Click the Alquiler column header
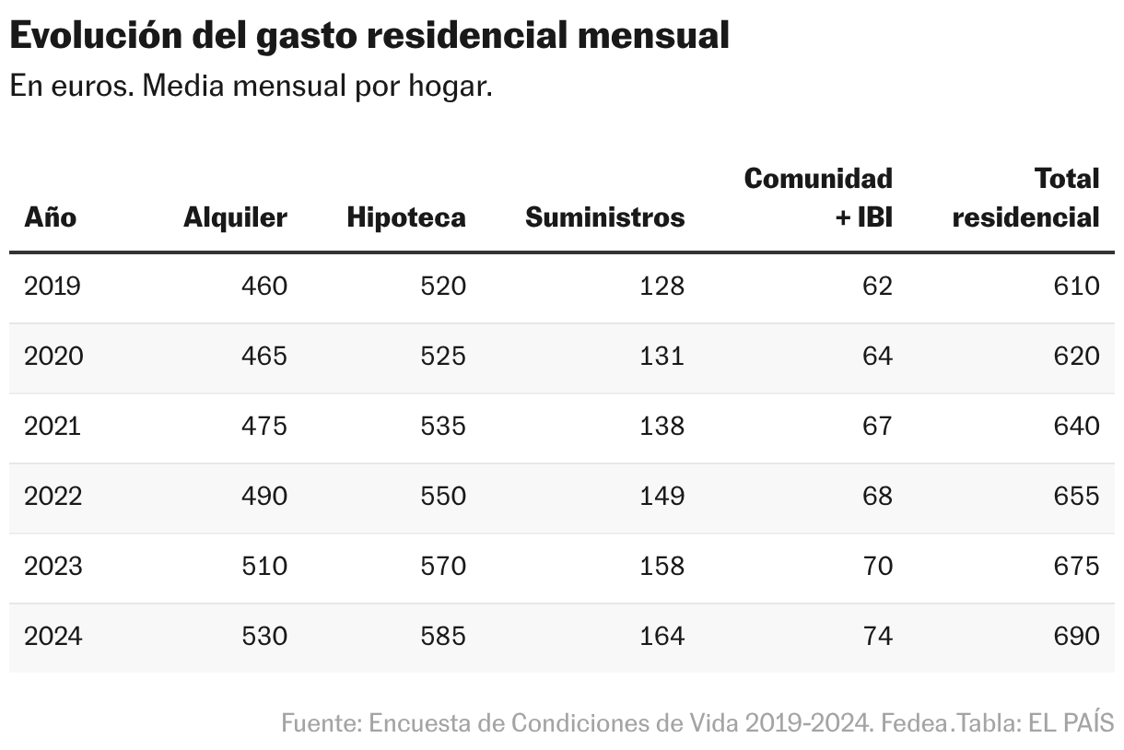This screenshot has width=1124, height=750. coord(235,217)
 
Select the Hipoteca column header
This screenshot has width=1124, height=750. coord(406,217)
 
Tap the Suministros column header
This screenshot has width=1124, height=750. coord(604,217)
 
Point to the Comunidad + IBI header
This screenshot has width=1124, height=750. coord(818,197)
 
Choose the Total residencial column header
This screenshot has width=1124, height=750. coord(1025,197)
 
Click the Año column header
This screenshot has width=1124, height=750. coord(51,217)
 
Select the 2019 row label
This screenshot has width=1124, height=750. coord(53,287)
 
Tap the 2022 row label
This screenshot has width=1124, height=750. coord(53,497)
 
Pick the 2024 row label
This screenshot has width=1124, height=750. coord(53,637)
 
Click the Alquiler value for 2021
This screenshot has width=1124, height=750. coord(264,427)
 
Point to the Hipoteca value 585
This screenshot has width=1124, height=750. coord(443,637)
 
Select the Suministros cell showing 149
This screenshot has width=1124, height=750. coord(662,497)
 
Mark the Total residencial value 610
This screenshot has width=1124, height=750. coord(1077,287)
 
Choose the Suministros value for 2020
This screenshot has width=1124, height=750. coord(662,357)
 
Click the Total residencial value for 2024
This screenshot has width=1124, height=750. coord(1077,637)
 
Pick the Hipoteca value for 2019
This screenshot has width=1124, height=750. coord(443,287)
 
